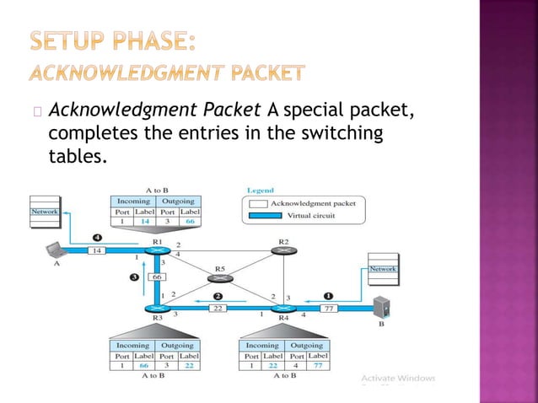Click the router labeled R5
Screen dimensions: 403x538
219,280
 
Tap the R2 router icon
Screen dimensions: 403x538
284,251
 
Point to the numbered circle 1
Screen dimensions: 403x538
329,296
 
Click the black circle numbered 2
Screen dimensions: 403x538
217,297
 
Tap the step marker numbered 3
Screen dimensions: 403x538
133,276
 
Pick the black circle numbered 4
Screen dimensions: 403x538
97,237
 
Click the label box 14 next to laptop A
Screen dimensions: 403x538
97,250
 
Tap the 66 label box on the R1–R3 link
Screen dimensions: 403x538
156,277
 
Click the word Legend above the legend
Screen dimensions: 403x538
260,190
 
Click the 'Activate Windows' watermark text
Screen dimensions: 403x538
397,379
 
